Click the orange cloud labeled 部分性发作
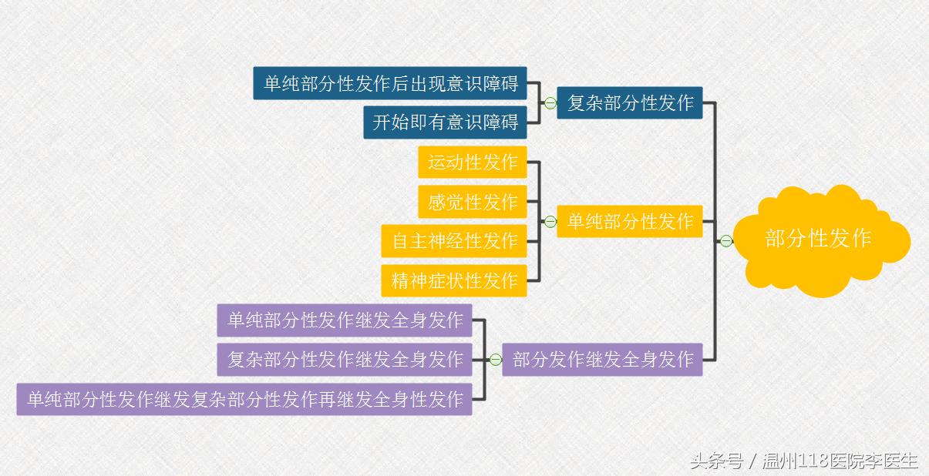pyautogui.click(x=819, y=239)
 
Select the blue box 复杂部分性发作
pyautogui.click(x=630, y=102)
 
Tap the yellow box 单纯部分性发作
pyautogui.click(x=630, y=222)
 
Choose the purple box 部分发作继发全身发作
pyautogui.click(x=602, y=359)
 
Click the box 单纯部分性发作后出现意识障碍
pyautogui.click(x=390, y=83)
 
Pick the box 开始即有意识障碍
pyautogui.click(x=445, y=122)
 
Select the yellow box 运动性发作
pyautogui.click(x=472, y=163)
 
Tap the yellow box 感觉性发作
pyautogui.click(x=472, y=202)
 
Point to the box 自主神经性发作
pyautogui.click(x=454, y=241)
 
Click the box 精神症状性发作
pyautogui.click(x=454, y=280)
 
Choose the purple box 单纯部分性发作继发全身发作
pyautogui.click(x=345, y=320)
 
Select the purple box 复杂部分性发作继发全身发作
pyautogui.click(x=345, y=359)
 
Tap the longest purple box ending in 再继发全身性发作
pyautogui.click(x=244, y=399)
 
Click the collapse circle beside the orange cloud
pyautogui.click(x=726, y=241)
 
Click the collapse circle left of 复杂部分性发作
pyautogui.click(x=550, y=103)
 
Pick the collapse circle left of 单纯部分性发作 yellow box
pyautogui.click(x=550, y=222)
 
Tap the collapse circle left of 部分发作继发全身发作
pyautogui.click(x=496, y=359)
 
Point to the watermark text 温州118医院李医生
pyautogui.click(x=840, y=461)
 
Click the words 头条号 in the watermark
pyautogui.click(x=716, y=461)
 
